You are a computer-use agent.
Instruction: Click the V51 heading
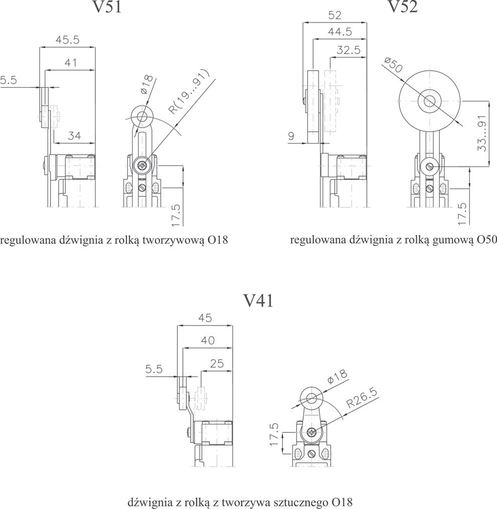[107, 7]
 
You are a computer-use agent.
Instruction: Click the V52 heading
[403, 6]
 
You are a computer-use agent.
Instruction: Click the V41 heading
[259, 301]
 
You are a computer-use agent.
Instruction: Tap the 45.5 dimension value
[67, 40]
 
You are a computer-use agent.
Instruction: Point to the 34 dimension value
[75, 136]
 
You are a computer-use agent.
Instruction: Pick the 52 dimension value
[335, 16]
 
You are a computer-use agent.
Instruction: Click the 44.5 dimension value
[340, 32]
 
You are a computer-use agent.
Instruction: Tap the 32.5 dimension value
[349, 50]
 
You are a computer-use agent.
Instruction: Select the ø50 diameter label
[393, 65]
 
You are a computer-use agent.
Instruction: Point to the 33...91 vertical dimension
[482, 133]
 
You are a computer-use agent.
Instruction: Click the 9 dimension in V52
[291, 136]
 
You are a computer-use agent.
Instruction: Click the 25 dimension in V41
[216, 363]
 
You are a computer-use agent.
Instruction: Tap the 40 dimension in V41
[208, 341]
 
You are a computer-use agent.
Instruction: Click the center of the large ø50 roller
[429, 100]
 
